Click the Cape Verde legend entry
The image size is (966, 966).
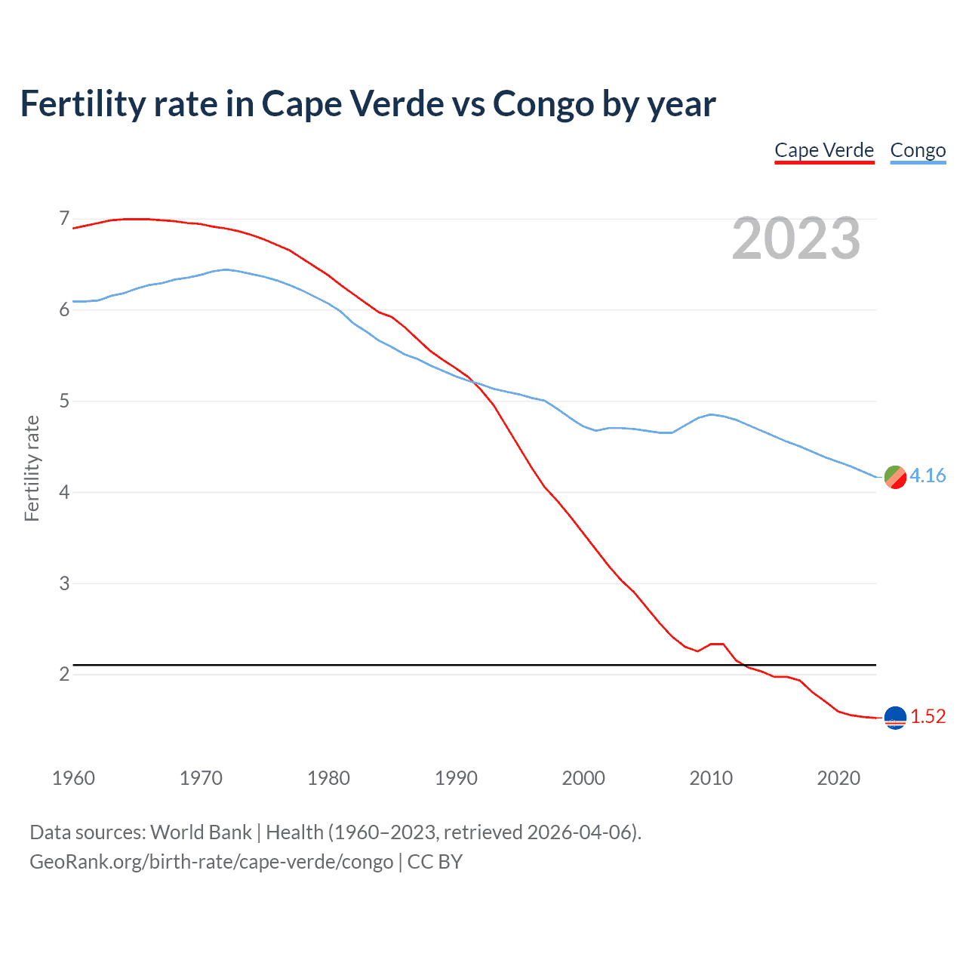[824, 150]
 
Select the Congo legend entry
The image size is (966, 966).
[918, 150]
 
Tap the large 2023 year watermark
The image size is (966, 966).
[796, 238]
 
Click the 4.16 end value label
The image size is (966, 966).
[928, 475]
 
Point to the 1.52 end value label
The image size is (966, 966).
[928, 716]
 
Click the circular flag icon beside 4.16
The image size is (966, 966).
[895, 477]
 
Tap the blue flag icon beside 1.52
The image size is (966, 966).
[895, 718]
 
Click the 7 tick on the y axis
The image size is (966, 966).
[64, 219]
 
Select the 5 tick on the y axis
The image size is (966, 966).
[64, 401]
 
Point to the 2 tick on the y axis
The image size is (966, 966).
[64, 674]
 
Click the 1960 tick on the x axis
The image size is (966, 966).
[73, 778]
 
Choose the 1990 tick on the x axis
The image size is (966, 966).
[456, 778]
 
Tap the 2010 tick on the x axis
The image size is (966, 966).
[711, 778]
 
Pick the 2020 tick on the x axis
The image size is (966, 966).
[838, 778]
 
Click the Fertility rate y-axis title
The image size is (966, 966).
[32, 468]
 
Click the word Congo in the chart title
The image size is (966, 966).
[543, 104]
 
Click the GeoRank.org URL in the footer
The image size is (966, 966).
[211, 861]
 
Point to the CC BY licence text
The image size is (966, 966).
[435, 861]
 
